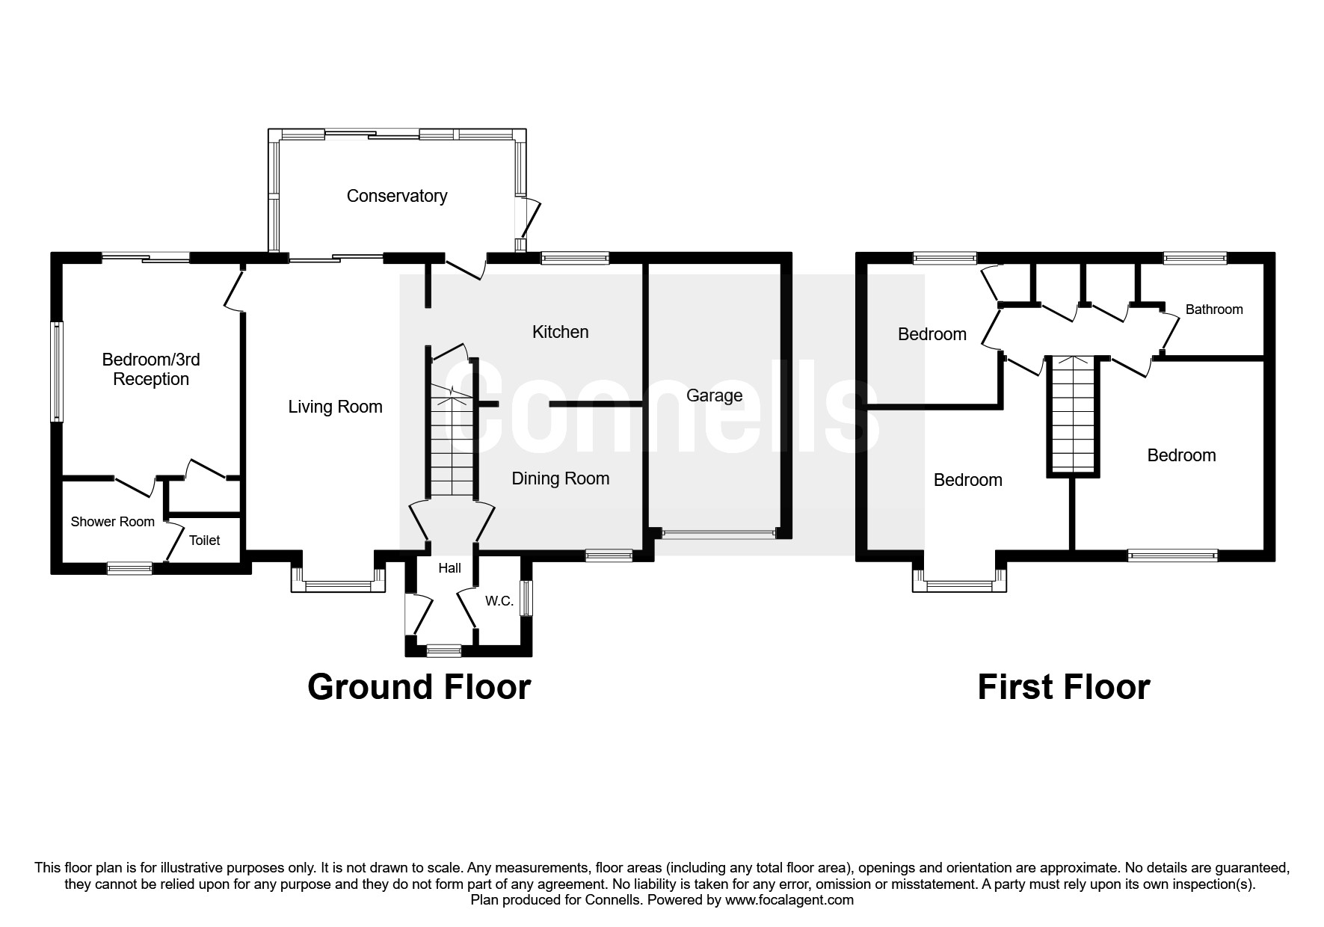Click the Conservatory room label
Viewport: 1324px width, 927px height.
click(x=397, y=196)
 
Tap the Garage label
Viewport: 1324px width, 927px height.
click(x=714, y=395)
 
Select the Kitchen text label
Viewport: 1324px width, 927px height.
click(x=560, y=332)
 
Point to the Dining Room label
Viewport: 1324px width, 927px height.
click(x=560, y=478)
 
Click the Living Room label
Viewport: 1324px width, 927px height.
click(x=335, y=407)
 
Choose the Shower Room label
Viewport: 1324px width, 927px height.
click(x=112, y=522)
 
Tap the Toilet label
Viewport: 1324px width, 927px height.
click(x=204, y=541)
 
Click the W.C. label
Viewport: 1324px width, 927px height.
click(x=499, y=601)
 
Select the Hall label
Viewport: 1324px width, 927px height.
click(x=449, y=568)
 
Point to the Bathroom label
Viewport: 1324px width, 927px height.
click(x=1213, y=309)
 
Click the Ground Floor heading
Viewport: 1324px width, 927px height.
click(x=419, y=687)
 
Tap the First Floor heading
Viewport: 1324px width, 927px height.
click(x=1063, y=687)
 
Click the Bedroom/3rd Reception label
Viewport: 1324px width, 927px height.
click(x=151, y=369)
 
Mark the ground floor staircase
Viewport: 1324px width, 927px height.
click(x=452, y=441)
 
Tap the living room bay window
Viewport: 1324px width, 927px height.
click(x=338, y=586)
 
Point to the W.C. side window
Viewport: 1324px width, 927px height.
click(x=527, y=599)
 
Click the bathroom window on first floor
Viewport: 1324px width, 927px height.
click(x=1195, y=259)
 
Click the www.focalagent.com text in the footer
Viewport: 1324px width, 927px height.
click(x=789, y=900)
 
